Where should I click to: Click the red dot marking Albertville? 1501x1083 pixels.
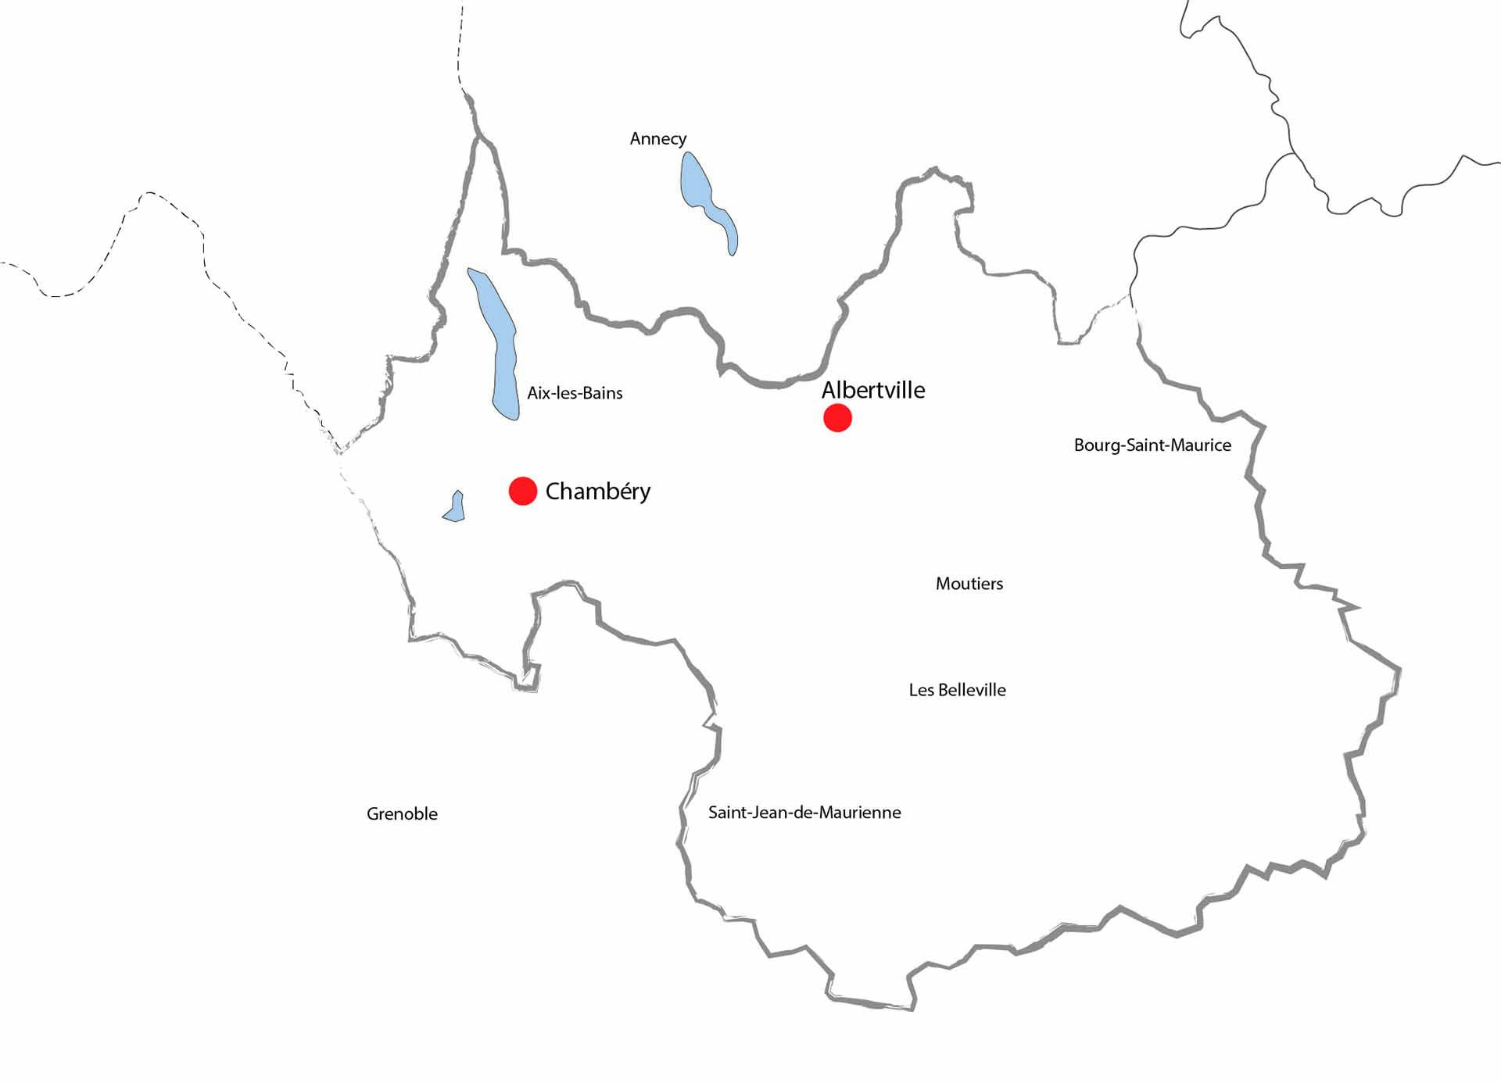coord(837,418)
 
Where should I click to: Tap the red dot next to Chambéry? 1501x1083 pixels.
coord(522,491)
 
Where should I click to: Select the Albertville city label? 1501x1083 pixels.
coord(872,390)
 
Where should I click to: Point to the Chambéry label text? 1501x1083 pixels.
coord(597,491)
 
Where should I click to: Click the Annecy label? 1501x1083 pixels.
coord(657,139)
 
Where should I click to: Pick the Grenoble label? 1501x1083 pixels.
coord(402,814)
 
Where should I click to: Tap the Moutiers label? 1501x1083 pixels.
coord(969,584)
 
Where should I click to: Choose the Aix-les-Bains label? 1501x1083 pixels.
coord(575,393)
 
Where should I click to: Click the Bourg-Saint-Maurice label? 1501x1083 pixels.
coord(1152,445)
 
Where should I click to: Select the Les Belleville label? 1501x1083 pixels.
coord(957,690)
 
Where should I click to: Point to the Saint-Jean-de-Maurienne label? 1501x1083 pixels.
coord(804,813)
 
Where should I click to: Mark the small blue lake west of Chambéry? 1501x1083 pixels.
coord(455,508)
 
